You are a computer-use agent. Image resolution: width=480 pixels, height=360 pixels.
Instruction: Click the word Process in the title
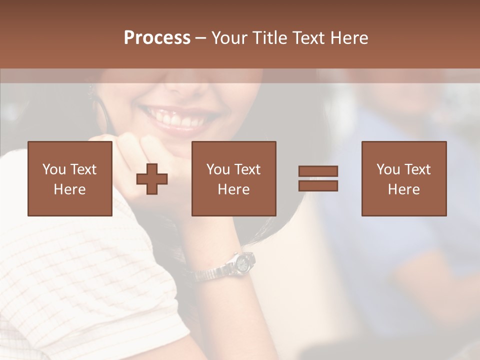pyautogui.click(x=157, y=38)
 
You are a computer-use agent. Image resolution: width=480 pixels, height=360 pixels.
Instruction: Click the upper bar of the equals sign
pyautogui.click(x=318, y=171)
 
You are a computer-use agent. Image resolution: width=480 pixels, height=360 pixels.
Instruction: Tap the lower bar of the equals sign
pyautogui.click(x=318, y=186)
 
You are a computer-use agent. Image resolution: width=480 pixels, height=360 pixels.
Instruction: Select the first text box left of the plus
pyautogui.click(x=69, y=178)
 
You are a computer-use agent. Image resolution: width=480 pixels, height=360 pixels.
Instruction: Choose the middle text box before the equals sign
pyautogui.click(x=233, y=178)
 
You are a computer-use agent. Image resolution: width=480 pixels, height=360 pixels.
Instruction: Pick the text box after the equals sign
pyautogui.click(x=403, y=178)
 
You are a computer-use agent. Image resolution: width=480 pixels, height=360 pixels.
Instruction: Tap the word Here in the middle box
pyautogui.click(x=233, y=189)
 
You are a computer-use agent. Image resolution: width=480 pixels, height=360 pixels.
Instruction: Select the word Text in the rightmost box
pyautogui.click(x=418, y=169)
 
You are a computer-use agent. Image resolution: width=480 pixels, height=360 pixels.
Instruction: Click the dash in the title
pyautogui.click(x=201, y=38)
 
